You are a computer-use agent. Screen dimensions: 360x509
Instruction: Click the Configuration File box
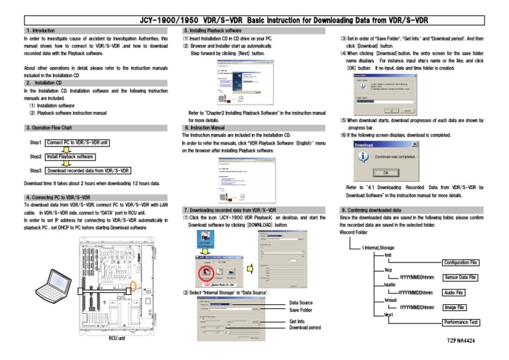pos(461,263)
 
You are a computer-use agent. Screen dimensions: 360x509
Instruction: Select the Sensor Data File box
pos(461,277)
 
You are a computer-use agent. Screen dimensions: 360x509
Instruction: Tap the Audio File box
pos(454,292)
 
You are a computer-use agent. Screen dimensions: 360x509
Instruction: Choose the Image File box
pos(454,308)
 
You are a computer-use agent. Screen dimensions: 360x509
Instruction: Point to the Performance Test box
pos(461,322)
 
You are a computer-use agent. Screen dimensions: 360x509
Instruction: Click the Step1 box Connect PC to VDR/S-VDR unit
pos(78,143)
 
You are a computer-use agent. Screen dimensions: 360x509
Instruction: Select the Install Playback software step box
pos(70,157)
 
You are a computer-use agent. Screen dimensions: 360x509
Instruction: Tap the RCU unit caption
pos(117,339)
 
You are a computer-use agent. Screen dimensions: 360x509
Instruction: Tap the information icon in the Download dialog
pos(363,156)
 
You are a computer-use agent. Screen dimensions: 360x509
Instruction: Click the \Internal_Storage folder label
pos(378,247)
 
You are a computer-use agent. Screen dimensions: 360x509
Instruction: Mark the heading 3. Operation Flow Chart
pos(48,127)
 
